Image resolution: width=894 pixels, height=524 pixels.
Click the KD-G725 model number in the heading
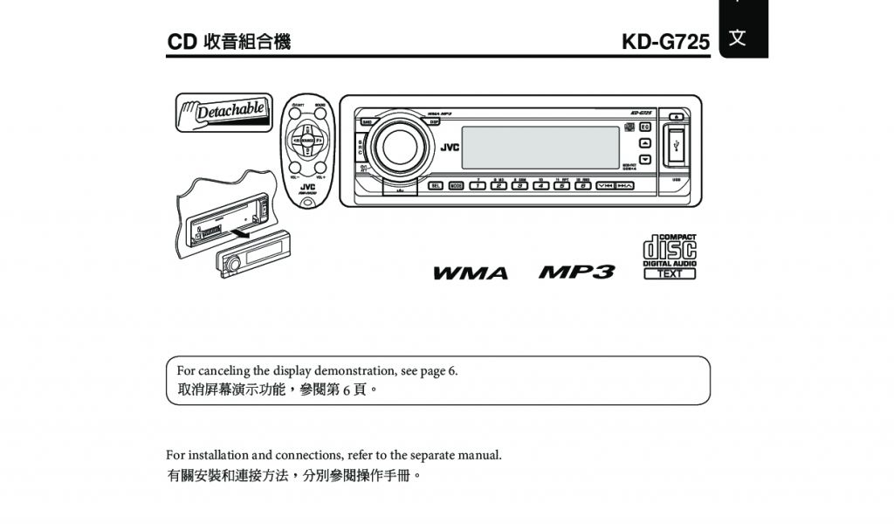[x=665, y=42]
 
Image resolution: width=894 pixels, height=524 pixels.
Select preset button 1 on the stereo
[x=478, y=185]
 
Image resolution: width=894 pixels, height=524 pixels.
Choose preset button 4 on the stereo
[x=540, y=185]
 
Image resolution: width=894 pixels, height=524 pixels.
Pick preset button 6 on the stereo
[x=582, y=185]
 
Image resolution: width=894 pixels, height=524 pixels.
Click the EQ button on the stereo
[x=645, y=128]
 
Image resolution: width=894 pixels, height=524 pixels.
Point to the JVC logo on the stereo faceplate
[x=449, y=147]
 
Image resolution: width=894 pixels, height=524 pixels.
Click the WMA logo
[x=471, y=273]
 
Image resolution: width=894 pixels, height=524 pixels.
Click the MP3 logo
[x=576, y=272]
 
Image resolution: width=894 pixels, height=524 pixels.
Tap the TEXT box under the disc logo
[x=670, y=274]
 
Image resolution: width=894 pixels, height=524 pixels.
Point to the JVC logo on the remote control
[x=307, y=187]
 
